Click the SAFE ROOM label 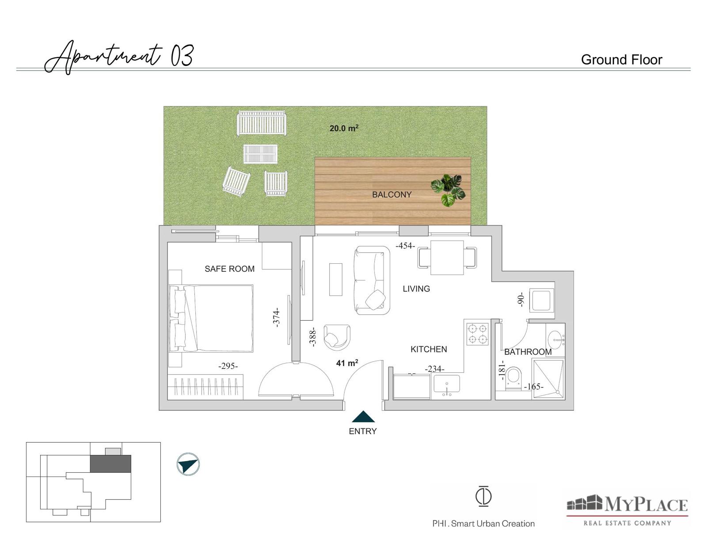pos(229,269)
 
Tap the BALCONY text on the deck pos(392,194)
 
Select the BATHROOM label pos(528,352)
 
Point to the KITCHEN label pos(429,349)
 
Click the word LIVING pos(416,289)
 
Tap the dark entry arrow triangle pos(363,417)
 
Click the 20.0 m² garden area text pos(344,128)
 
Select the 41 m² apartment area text pos(347,363)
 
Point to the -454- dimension pos(405,246)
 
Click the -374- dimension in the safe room pos(276,317)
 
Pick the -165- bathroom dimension pos(534,387)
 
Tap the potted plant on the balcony pos(448,190)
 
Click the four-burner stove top pos(478,334)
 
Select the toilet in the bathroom pos(514,379)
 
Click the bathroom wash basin pos(555,340)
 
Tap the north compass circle pos(188,464)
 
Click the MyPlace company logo pos(627,510)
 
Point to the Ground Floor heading pos(621,60)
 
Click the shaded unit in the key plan pos(110,464)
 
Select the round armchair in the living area pos(338,337)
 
